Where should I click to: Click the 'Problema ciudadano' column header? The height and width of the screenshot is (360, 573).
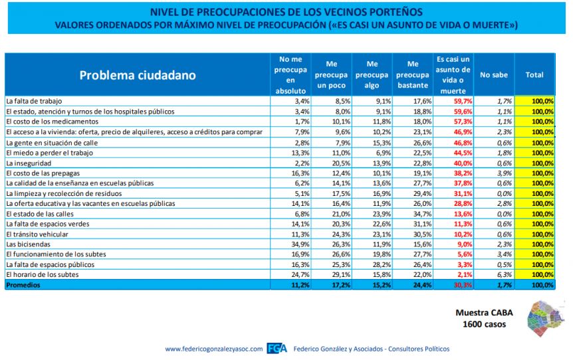tap(138, 75)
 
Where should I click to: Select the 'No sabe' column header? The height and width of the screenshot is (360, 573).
tap(494, 75)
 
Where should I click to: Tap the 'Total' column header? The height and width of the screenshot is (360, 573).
tap(534, 75)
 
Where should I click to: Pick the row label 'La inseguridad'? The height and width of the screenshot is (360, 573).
tap(29, 163)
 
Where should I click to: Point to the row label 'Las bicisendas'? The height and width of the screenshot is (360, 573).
tap(28, 244)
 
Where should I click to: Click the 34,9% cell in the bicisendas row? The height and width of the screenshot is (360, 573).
tap(300, 244)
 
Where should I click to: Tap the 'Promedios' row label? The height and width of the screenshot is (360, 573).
tap(23, 285)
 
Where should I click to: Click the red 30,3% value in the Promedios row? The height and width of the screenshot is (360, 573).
tap(463, 285)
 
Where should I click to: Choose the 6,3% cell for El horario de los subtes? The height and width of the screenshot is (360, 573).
tap(505, 274)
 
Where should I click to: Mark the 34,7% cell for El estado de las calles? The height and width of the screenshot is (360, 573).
tap(422, 214)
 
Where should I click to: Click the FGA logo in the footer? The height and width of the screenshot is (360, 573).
tap(277, 349)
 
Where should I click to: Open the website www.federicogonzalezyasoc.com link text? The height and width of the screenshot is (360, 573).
tap(214, 349)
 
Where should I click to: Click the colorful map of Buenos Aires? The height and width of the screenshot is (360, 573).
tap(545, 318)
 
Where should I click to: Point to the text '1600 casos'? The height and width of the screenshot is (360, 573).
tap(484, 324)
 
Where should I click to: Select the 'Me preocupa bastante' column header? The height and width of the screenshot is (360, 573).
tap(413, 75)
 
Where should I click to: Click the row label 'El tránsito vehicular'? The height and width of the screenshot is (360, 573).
tap(37, 234)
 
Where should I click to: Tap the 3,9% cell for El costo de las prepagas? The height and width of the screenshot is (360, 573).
tap(505, 173)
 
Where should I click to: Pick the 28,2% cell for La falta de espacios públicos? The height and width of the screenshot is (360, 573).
tap(382, 265)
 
